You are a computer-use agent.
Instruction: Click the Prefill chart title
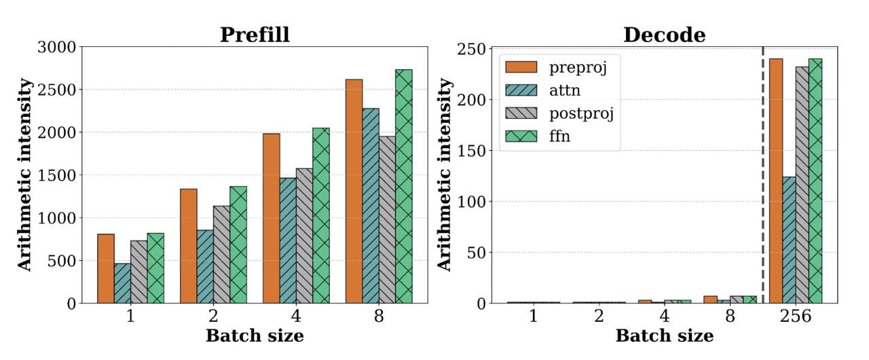click(x=255, y=35)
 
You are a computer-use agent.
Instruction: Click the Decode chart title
click(x=664, y=35)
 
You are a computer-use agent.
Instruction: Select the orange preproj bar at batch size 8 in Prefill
click(x=354, y=191)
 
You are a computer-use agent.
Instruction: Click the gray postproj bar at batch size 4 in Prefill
click(x=304, y=235)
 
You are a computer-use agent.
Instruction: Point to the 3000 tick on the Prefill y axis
click(x=59, y=47)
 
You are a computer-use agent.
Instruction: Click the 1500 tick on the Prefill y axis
click(x=59, y=175)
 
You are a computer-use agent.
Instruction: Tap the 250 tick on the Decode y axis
click(x=472, y=49)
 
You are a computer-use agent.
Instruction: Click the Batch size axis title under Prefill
click(x=255, y=336)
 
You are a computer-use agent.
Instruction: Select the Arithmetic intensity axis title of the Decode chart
click(x=445, y=175)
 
